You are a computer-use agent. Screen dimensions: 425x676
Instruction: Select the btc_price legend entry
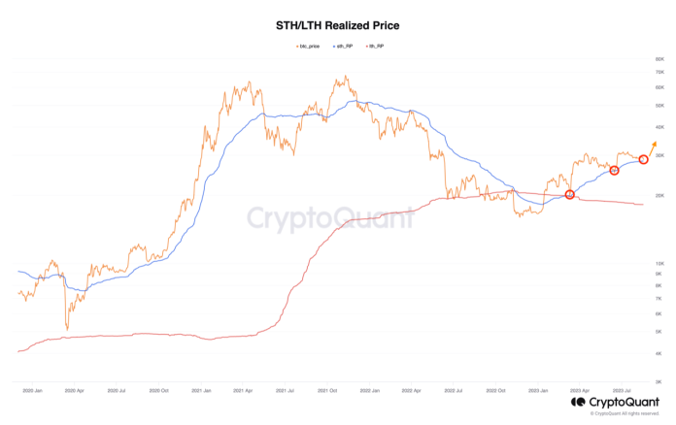pos(307,46)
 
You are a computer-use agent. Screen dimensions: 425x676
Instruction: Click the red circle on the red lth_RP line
pos(570,195)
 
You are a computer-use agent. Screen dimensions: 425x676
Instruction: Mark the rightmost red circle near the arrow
pos(643,159)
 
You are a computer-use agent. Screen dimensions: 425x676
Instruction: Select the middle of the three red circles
pos(614,171)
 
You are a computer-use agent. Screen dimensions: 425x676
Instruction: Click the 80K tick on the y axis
pos(659,59)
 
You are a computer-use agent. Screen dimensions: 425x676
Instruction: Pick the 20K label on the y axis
pos(659,195)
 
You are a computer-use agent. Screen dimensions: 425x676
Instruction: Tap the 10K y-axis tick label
pos(659,264)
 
